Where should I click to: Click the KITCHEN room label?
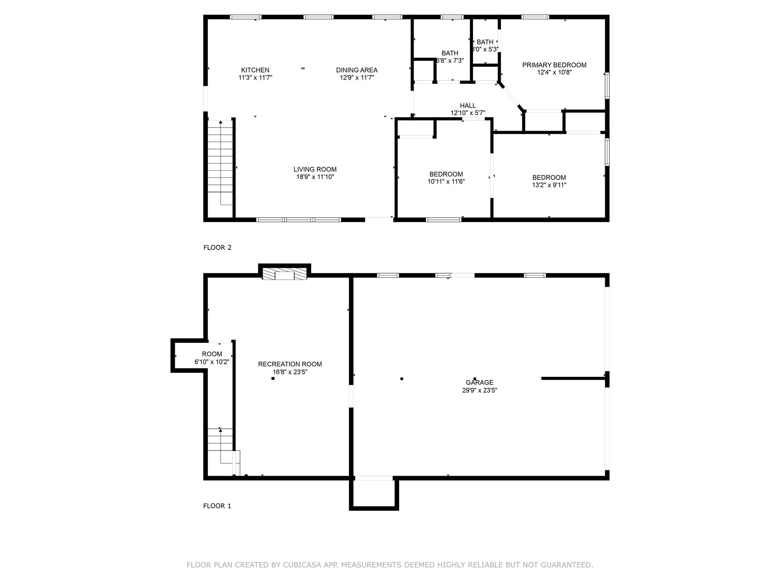pos(255,70)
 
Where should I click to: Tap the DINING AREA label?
pos(357,70)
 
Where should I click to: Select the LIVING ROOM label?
pos(315,169)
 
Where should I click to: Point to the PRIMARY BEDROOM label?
pos(554,65)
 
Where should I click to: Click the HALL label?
pos(468,105)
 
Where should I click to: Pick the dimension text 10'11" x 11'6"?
pos(446,182)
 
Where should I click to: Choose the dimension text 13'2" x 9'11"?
pos(549,185)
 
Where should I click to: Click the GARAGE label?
pos(480,382)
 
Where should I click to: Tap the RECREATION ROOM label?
pos(290,364)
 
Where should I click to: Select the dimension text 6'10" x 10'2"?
pos(212,362)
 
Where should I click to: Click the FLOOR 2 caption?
pos(217,248)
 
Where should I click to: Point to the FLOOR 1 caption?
pos(217,506)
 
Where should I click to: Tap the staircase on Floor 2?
pos(220,163)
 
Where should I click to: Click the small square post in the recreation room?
pos(273,378)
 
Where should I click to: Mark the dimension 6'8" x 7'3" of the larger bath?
pos(450,61)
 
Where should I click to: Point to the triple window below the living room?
pos(299,220)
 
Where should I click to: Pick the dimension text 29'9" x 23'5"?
pos(480,390)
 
